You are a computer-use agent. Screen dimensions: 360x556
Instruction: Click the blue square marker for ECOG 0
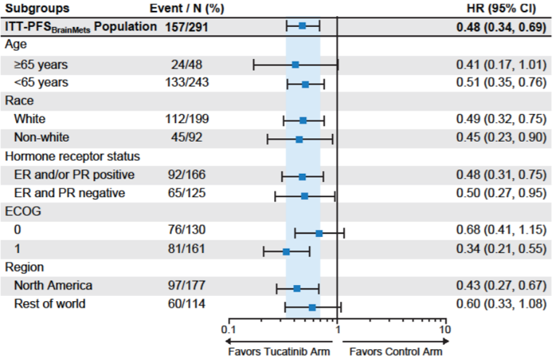(319, 233)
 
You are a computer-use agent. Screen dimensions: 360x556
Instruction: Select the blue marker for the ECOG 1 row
(286, 252)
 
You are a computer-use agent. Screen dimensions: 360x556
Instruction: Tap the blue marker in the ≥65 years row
(295, 65)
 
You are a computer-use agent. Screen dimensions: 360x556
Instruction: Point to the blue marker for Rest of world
(313, 307)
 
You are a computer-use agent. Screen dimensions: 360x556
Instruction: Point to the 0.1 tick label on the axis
(229, 329)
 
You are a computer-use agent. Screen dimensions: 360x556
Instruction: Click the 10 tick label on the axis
(445, 329)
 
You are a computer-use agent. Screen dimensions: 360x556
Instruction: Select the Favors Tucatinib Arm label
(278, 351)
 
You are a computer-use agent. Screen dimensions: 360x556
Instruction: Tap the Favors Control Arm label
(395, 351)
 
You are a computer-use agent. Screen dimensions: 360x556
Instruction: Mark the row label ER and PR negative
(70, 193)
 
